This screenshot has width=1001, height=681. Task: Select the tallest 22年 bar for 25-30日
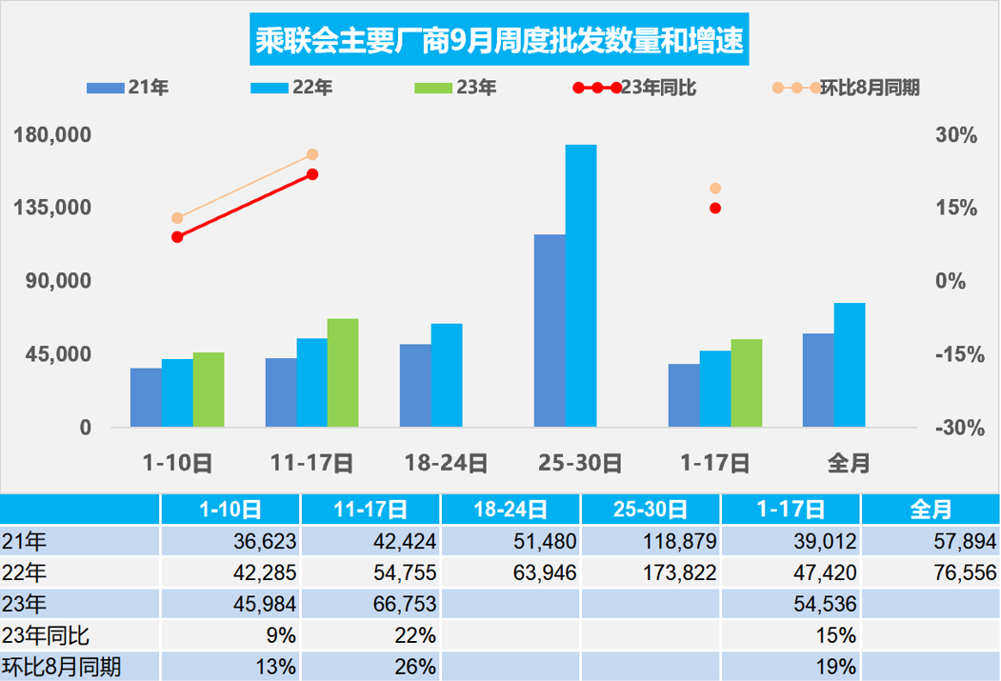(x=580, y=286)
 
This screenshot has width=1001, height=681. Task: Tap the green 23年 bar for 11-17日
(x=343, y=372)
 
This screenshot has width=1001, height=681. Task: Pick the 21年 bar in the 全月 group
(x=817, y=380)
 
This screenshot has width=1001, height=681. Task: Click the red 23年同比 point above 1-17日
(x=715, y=209)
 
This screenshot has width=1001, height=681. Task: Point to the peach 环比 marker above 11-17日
(x=312, y=154)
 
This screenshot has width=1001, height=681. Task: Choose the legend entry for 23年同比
(x=635, y=89)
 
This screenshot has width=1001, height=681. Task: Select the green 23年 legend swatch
(x=434, y=89)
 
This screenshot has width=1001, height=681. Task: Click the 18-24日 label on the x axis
(x=446, y=464)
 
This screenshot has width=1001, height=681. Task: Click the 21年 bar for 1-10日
(x=146, y=397)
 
